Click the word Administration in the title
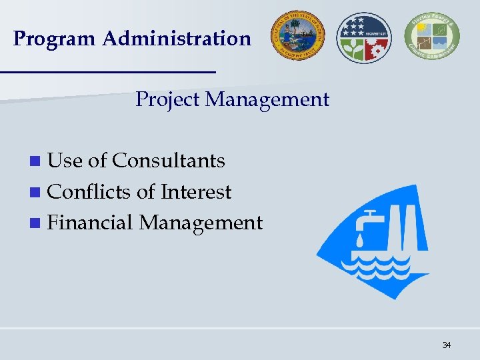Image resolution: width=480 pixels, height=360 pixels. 177,39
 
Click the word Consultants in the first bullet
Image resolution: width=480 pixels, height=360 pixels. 169,161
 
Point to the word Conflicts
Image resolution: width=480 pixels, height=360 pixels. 90,192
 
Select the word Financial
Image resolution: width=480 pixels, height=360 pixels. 91,223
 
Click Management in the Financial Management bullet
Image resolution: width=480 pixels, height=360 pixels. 201,223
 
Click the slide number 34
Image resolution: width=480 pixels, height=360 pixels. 446,345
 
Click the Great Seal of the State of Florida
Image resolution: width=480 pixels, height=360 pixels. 297,35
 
